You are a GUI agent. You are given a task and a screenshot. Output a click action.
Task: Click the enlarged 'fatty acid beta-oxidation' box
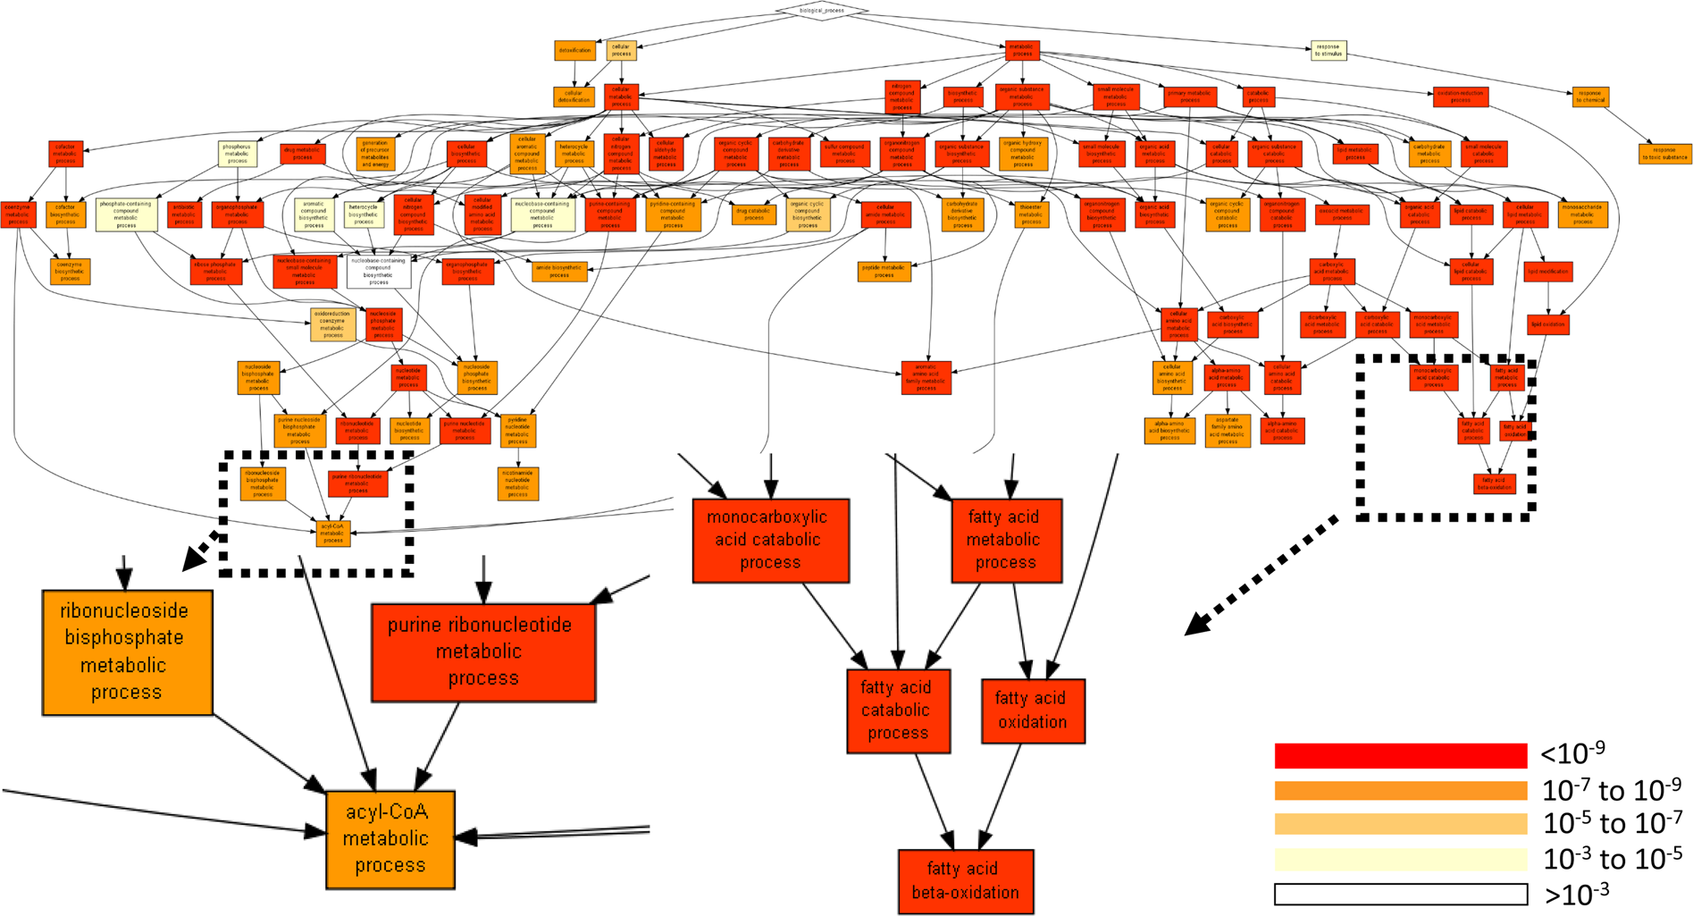[965, 880]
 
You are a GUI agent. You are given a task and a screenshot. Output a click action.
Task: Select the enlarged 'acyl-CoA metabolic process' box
[390, 838]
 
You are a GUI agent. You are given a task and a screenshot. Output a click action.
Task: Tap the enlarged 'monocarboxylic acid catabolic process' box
[770, 540]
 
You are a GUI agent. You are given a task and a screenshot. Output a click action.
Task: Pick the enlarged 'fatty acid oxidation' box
[1032, 710]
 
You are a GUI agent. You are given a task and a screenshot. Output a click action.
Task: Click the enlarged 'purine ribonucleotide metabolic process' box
[482, 651]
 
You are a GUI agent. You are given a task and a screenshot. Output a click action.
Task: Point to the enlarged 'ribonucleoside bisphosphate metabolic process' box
[127, 651]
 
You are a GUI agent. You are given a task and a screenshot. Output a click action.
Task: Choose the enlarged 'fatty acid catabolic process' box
[897, 710]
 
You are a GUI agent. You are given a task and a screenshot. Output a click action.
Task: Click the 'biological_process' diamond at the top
[822, 11]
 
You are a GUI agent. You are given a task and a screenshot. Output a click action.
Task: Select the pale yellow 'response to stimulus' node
[1328, 50]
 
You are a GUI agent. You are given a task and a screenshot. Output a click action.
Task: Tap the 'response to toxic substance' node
[1665, 154]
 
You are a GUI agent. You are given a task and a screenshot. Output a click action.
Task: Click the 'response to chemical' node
[1590, 97]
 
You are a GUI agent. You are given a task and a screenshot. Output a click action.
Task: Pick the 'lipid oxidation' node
[1547, 324]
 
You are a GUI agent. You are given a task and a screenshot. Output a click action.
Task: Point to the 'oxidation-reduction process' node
[1460, 97]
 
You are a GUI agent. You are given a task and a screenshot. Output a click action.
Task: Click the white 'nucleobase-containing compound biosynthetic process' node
[379, 271]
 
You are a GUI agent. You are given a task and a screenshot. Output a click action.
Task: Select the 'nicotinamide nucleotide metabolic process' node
[518, 483]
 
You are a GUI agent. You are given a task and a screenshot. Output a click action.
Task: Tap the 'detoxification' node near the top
[574, 50]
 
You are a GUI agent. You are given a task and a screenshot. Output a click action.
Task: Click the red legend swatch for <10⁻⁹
[1400, 756]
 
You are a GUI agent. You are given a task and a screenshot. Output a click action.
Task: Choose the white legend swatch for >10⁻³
[1400, 894]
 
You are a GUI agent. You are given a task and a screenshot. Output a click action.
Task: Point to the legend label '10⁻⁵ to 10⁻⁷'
[1612, 823]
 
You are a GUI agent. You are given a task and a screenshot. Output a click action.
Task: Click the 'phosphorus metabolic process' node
[237, 154]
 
